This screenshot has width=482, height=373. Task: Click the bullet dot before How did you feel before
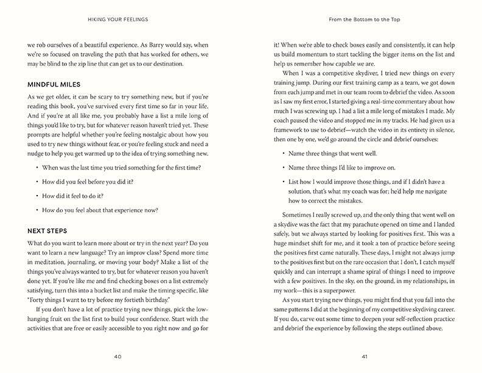(x=37, y=181)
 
